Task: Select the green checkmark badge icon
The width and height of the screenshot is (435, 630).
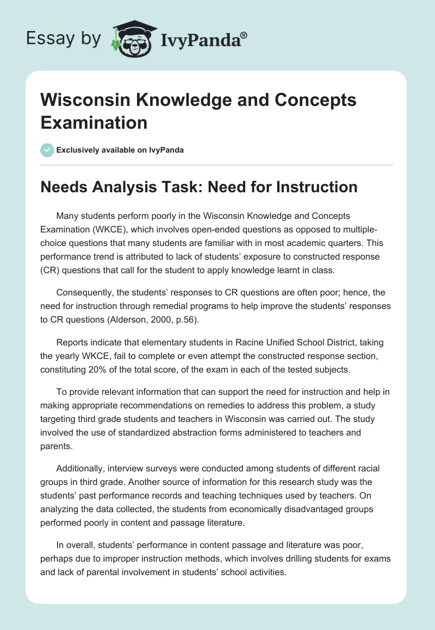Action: click(x=47, y=150)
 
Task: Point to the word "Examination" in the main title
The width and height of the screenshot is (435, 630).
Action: click(x=94, y=122)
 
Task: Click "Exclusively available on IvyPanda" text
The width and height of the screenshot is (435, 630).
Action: click(x=120, y=150)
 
